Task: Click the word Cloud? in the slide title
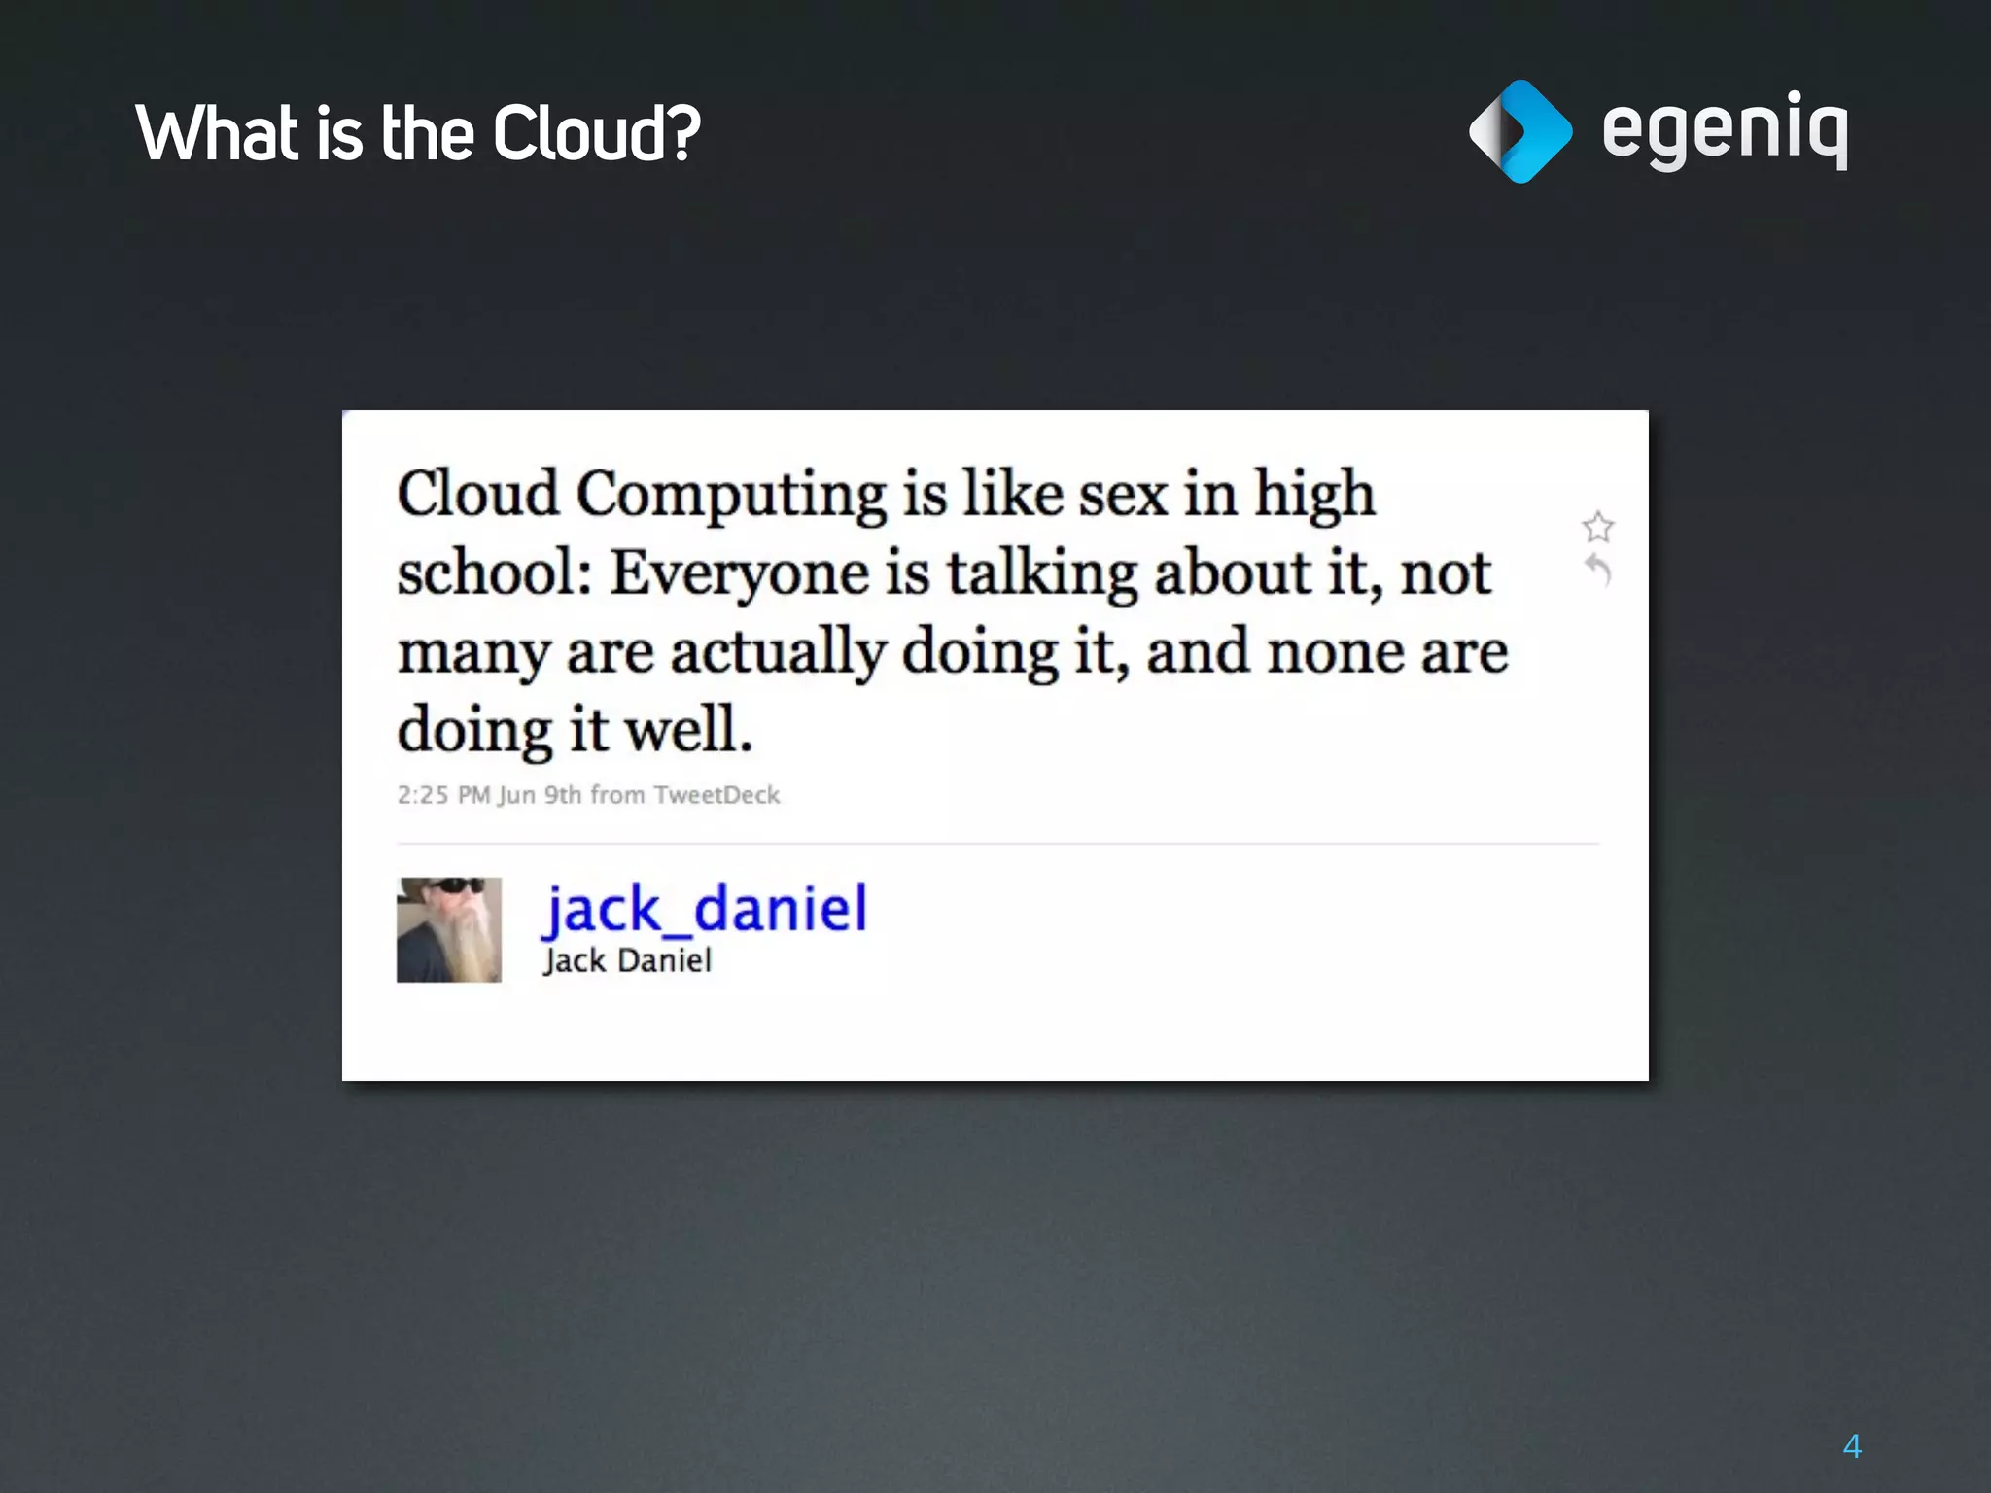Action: click(596, 133)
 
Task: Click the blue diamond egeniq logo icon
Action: click(1519, 131)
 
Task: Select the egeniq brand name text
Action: click(1724, 131)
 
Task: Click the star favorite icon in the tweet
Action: click(1597, 527)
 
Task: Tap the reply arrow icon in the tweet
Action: click(1598, 570)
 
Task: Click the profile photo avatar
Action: click(449, 930)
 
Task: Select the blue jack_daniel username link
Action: click(705, 910)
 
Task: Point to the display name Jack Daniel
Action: click(628, 961)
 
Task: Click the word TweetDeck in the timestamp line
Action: click(716, 795)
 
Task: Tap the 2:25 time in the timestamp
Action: click(423, 795)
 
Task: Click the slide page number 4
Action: click(1852, 1446)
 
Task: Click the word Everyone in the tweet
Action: click(739, 573)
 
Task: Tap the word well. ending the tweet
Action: click(688, 729)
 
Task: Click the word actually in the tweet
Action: click(778, 653)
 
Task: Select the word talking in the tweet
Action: click(1042, 573)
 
